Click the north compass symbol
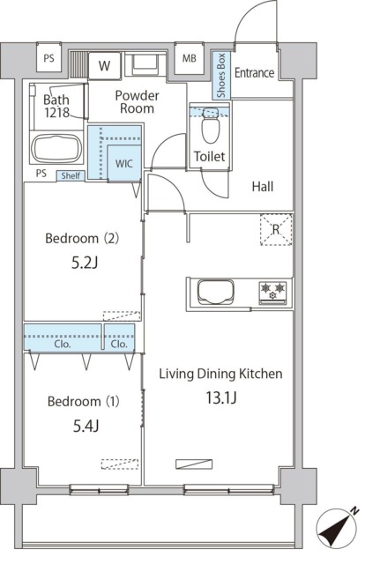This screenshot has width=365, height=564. click(337, 529)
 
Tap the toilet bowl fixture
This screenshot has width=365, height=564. click(211, 125)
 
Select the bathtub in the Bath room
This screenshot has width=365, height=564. click(56, 149)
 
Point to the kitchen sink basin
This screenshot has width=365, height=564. click(216, 292)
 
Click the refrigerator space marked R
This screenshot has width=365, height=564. click(276, 229)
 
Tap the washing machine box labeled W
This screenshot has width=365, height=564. click(104, 65)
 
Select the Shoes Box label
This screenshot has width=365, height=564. click(220, 76)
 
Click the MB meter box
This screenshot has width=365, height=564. click(190, 58)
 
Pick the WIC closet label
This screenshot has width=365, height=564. click(124, 164)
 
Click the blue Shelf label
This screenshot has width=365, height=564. click(71, 175)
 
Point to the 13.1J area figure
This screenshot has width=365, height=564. click(221, 397)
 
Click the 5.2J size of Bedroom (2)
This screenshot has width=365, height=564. click(85, 263)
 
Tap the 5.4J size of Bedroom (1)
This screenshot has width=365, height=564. click(86, 427)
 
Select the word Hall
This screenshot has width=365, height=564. click(263, 186)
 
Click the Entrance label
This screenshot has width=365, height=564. click(254, 72)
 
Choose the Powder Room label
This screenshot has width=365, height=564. click(137, 102)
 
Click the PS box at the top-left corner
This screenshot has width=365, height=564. click(49, 57)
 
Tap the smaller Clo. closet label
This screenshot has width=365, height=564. click(119, 345)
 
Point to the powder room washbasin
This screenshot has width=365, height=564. click(145, 63)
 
